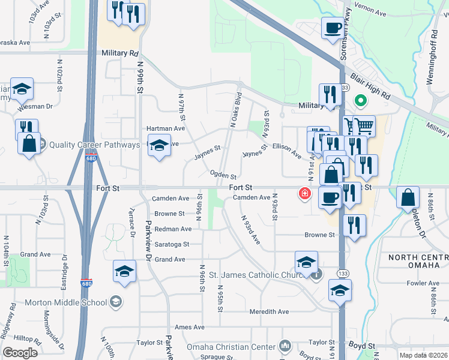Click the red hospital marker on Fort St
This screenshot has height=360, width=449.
pyautogui.click(x=305, y=193)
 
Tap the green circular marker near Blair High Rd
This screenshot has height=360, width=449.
pyautogui.click(x=361, y=101)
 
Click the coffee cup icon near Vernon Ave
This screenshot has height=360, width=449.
pyautogui.click(x=333, y=28)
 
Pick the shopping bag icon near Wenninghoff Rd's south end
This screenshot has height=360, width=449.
pyautogui.click(x=408, y=198)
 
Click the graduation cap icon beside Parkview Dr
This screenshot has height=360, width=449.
pyautogui.click(x=124, y=272)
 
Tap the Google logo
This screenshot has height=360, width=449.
pyautogui.click(x=20, y=353)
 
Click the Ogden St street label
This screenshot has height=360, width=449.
pyautogui.click(x=223, y=175)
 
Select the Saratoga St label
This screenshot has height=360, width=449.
pyautogui.click(x=172, y=244)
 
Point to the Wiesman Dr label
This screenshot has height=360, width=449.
pyautogui.click(x=36, y=106)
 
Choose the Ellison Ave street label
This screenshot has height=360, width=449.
pyautogui.click(x=286, y=150)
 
